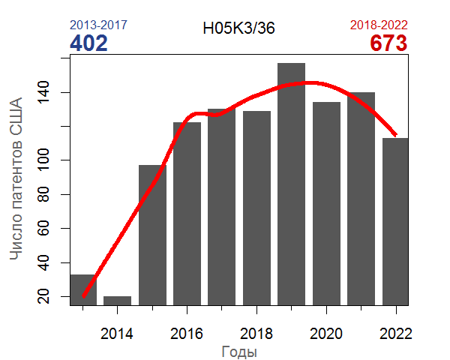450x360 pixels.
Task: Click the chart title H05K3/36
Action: pos(238,28)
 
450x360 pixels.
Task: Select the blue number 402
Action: pos(88,43)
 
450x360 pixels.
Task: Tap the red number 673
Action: pos(388,43)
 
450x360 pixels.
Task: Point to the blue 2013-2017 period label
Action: pos(98,25)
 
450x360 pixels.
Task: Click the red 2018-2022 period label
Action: pos(379,25)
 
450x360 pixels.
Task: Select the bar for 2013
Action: pos(83,289)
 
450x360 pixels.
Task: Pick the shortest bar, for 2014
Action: pos(117,300)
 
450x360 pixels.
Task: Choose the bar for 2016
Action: pos(187,213)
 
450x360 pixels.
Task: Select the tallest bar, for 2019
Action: pos(291,184)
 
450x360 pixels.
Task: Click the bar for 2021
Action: pos(361,199)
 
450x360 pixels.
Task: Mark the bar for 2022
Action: pos(395,221)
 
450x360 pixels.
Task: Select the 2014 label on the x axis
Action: pos(117,332)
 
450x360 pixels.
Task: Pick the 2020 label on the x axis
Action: pos(326,332)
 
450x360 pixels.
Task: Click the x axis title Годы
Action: pos(240,351)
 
